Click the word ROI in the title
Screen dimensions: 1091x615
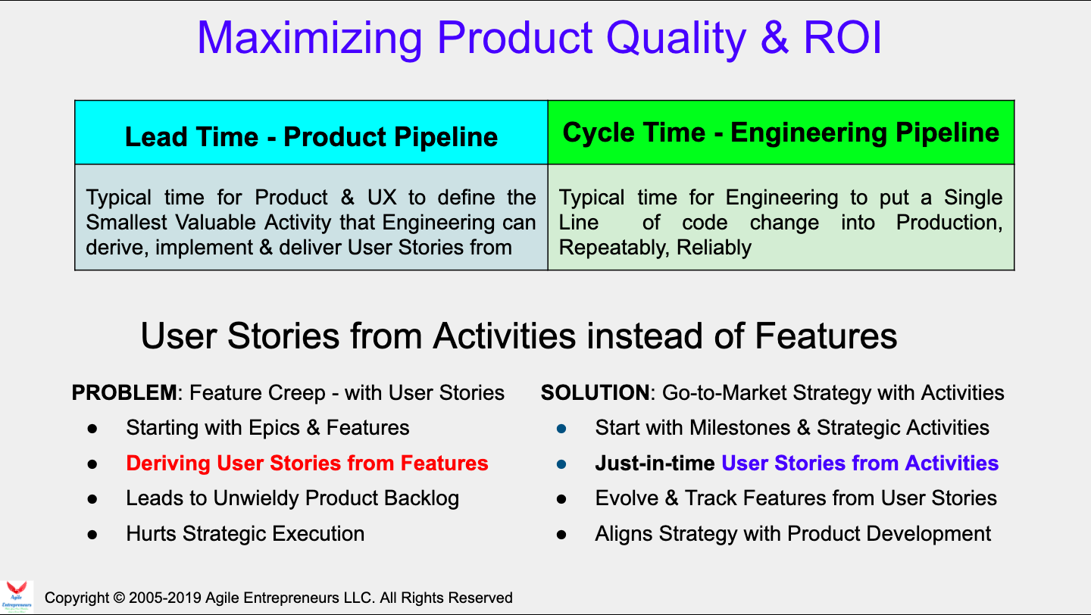coord(842,38)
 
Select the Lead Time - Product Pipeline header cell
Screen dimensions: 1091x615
coord(311,133)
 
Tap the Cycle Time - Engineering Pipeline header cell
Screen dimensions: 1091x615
coord(780,133)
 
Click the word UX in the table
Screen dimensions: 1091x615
coord(382,197)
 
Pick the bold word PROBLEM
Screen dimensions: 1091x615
coord(124,392)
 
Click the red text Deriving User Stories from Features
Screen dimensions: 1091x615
coord(307,463)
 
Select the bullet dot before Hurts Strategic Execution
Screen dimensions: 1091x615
coord(92,534)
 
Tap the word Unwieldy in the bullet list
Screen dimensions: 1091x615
coord(256,498)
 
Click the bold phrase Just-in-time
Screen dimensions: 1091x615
coord(655,463)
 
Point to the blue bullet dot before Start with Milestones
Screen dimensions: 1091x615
coord(561,429)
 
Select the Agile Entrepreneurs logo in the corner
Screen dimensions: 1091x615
coord(17,597)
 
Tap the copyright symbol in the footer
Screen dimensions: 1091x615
coord(119,598)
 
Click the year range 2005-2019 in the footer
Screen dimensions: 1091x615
coord(165,598)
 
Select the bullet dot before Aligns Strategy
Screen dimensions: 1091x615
coord(561,534)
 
